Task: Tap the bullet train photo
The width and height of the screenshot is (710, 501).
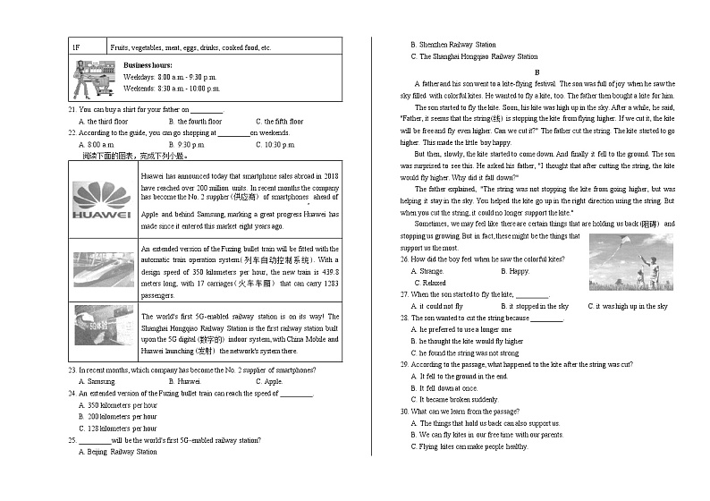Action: coord(104,269)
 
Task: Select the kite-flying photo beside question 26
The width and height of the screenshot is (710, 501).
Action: coord(630,262)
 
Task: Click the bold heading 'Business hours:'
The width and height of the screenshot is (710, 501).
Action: coord(148,66)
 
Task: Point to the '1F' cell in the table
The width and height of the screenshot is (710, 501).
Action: coord(77,47)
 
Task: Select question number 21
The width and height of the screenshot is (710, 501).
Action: coord(72,109)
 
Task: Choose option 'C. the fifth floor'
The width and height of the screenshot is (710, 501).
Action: coord(279,121)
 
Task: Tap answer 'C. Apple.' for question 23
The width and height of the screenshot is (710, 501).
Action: coord(268,381)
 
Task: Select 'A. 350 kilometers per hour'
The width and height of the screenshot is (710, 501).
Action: coord(117,404)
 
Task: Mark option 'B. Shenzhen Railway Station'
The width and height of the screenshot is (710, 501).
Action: coord(452,44)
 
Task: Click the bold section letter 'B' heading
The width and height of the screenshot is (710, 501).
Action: coord(537,72)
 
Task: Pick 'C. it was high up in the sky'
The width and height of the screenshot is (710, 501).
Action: coord(627,306)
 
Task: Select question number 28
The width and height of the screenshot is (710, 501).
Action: coord(404,318)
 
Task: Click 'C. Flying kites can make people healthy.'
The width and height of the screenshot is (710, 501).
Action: coord(474,446)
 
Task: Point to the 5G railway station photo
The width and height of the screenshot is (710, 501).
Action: coord(104,326)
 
